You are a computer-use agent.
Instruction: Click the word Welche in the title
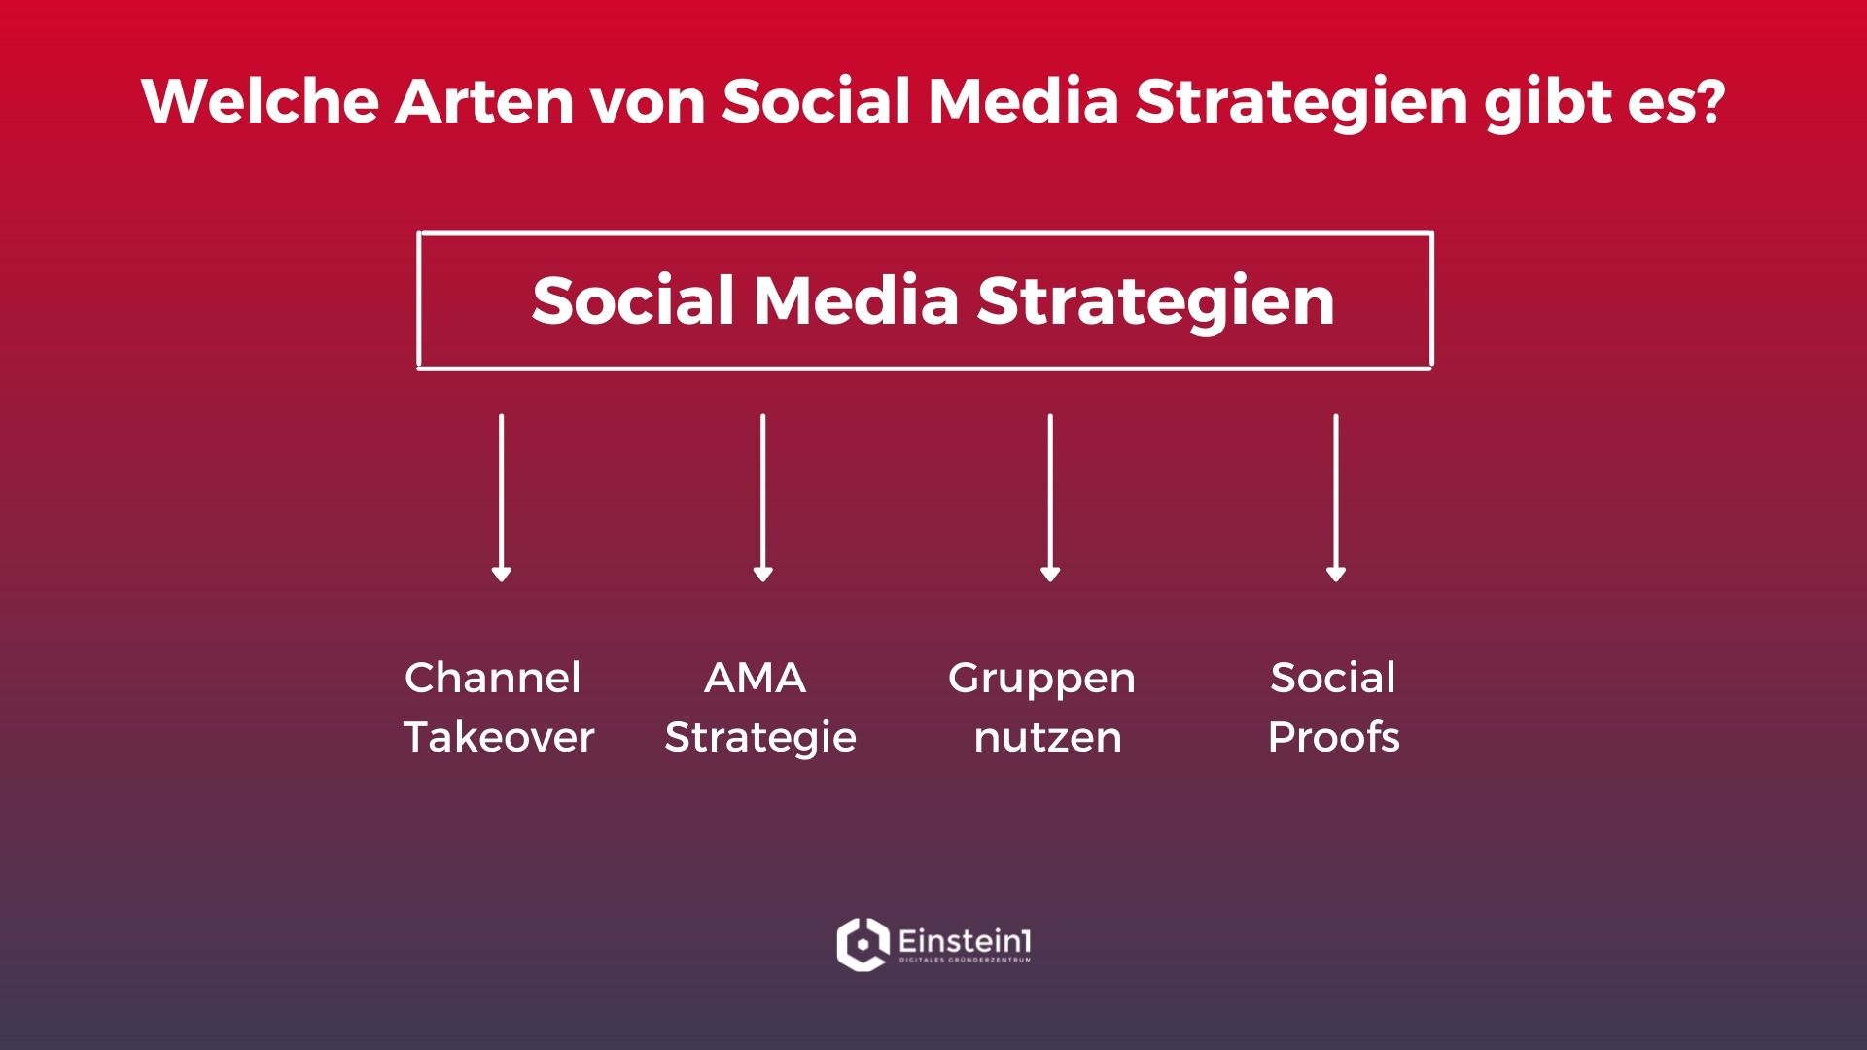coord(260,100)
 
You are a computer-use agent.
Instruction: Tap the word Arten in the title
coord(484,100)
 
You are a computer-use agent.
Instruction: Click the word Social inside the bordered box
coord(633,299)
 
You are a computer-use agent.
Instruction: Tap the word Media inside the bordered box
coord(857,299)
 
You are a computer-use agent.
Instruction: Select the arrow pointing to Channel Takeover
coord(501,498)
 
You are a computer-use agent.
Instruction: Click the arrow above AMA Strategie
coord(763,498)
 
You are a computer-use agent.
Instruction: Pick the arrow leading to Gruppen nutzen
coord(1050,498)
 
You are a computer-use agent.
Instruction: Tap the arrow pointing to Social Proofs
coord(1336,498)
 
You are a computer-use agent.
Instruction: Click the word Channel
coord(493,678)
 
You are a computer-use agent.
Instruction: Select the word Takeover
coord(499,737)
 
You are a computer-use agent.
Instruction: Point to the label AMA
coord(756,678)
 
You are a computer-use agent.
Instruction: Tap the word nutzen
coord(1048,738)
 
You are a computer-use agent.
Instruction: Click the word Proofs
coord(1334,737)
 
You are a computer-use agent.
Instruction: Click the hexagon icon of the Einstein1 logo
coord(863,944)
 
